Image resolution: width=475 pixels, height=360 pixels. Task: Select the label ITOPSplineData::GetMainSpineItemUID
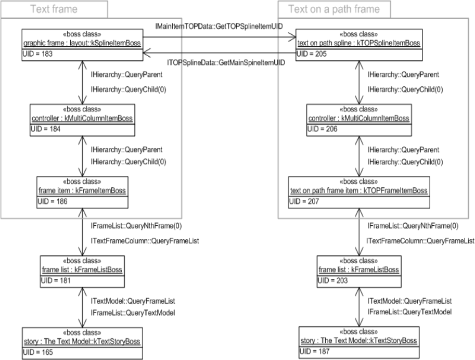click(226, 62)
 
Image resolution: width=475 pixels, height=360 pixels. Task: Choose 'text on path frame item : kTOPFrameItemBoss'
click(358, 191)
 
